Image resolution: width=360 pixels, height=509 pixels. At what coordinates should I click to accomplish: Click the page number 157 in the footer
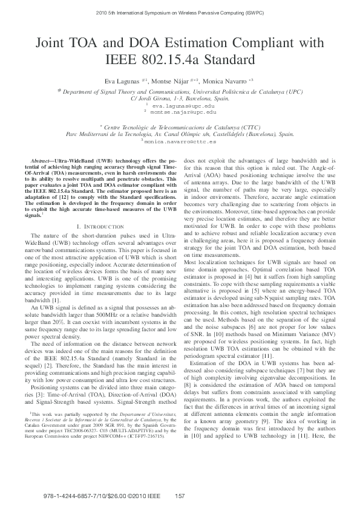click(178, 496)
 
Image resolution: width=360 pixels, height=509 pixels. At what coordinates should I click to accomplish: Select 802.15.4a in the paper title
click(178, 60)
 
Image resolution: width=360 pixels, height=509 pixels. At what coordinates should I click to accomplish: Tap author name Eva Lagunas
click(120, 80)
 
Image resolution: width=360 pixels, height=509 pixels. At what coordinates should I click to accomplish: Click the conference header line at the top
click(180, 11)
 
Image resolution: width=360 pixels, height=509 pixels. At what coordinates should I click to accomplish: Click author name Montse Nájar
click(171, 80)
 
